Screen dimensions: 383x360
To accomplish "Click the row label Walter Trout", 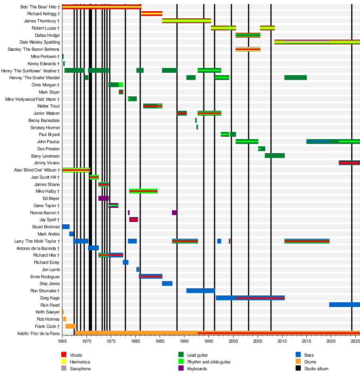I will pyautogui.click(x=48, y=106).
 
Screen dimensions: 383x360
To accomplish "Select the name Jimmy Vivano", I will pyautogui.click(x=47, y=163).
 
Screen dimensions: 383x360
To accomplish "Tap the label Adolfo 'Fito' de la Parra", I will pyautogui.click(x=38, y=333).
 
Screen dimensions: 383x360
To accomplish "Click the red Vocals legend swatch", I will pyautogui.click(x=64, y=355).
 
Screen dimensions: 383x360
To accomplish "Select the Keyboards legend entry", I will pyautogui.click(x=197, y=369).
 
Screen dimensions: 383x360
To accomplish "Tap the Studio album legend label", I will pyautogui.click(x=316, y=369).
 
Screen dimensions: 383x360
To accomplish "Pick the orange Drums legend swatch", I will pyautogui.click(x=298, y=362).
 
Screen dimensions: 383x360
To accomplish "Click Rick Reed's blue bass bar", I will pyautogui.click(x=344, y=305).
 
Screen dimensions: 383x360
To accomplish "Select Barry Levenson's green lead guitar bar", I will pyautogui.click(x=274, y=156).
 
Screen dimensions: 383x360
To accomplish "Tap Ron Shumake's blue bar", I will pyautogui.click(x=200, y=291).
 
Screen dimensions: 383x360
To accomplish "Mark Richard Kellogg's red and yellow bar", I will pyautogui.click(x=152, y=14).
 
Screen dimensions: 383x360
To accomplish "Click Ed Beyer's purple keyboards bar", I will pyautogui.click(x=103, y=198).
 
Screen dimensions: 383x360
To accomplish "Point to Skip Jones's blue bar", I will pyautogui.click(x=167, y=283).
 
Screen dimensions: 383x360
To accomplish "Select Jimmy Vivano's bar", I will pyautogui.click(x=349, y=163).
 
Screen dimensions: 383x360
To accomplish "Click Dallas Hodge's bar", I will pyautogui.click(x=248, y=35).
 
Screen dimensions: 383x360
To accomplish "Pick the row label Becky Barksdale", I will pyautogui.click(x=44, y=120).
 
